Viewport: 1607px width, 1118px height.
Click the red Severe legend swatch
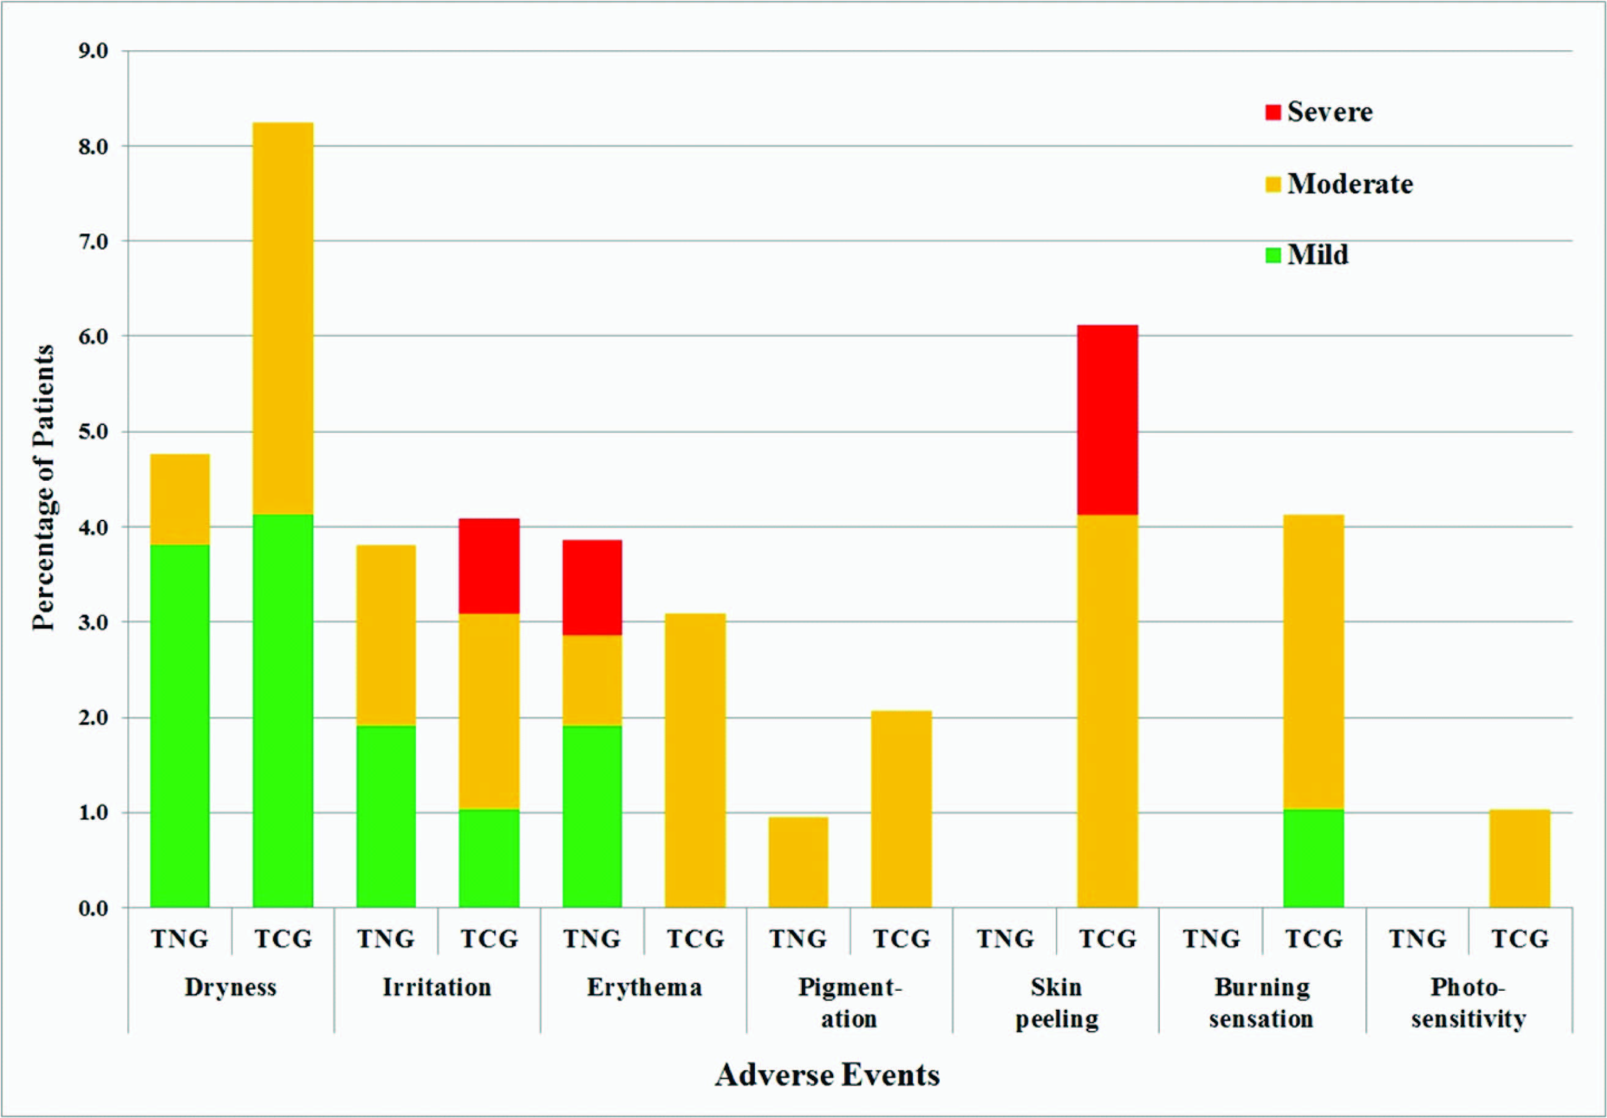coord(1273,112)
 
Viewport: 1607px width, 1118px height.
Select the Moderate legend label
coord(1349,184)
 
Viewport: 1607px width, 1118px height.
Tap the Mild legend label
coord(1317,254)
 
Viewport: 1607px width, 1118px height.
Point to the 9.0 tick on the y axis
coord(93,51)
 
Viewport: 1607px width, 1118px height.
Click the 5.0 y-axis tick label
coord(93,432)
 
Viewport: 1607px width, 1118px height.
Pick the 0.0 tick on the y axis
coord(93,909)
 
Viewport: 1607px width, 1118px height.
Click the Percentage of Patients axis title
coord(43,487)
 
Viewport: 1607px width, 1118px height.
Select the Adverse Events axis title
coord(826,1075)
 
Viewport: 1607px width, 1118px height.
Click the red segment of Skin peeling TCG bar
coord(1107,420)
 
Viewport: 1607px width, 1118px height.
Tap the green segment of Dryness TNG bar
coord(180,725)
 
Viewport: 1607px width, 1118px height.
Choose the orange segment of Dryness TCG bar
coord(283,318)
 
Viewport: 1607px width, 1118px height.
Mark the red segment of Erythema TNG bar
coord(592,587)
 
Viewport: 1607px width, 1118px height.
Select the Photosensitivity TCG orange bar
coord(1520,859)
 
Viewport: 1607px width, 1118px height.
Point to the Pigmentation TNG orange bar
coord(798,862)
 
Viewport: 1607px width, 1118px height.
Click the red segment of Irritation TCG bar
coord(489,566)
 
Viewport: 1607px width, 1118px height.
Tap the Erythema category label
coord(644,987)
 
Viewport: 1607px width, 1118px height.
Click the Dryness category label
coord(230,987)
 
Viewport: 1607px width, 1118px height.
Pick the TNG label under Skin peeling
coord(1005,938)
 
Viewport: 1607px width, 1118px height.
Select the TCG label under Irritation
coord(489,938)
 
